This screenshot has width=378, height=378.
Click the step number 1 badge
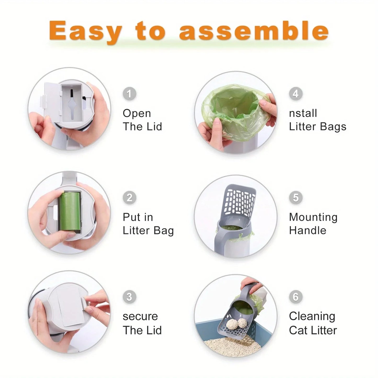129,94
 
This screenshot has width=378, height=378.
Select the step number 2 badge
129,198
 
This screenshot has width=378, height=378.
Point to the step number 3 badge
129,297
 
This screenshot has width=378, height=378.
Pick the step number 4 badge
296,94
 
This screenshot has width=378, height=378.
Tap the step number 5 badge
296,198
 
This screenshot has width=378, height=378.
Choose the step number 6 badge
296,297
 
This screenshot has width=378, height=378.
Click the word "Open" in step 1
137,114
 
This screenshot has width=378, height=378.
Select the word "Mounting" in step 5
313,217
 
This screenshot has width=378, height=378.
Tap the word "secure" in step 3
140,317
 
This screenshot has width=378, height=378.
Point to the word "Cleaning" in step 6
312,317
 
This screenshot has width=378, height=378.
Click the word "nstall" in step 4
303,114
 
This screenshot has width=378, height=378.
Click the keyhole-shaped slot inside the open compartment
71,105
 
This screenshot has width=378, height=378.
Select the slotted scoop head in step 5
239,201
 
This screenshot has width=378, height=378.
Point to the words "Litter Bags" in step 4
318,127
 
